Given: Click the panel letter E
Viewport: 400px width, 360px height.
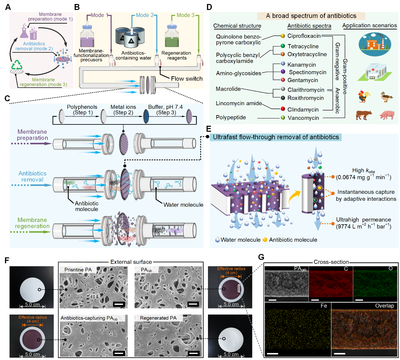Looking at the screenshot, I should (208, 129).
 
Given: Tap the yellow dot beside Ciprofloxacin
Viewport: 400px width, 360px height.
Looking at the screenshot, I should (283, 36).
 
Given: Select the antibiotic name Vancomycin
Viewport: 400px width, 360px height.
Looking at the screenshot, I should (303, 118).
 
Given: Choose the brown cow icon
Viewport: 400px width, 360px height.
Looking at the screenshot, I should (364, 115).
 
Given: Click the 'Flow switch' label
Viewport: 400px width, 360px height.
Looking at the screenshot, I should (186, 79).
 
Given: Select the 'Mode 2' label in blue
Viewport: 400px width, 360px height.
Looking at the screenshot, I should (145, 15).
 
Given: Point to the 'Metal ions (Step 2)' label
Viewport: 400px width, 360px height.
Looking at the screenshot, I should (123, 109).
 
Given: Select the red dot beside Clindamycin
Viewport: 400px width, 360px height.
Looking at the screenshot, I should (283, 109).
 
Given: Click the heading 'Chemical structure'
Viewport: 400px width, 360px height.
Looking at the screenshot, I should (237, 26).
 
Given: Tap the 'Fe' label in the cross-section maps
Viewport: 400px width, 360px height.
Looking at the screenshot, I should (324, 306).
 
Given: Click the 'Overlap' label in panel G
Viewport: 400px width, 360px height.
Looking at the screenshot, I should (384, 306).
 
